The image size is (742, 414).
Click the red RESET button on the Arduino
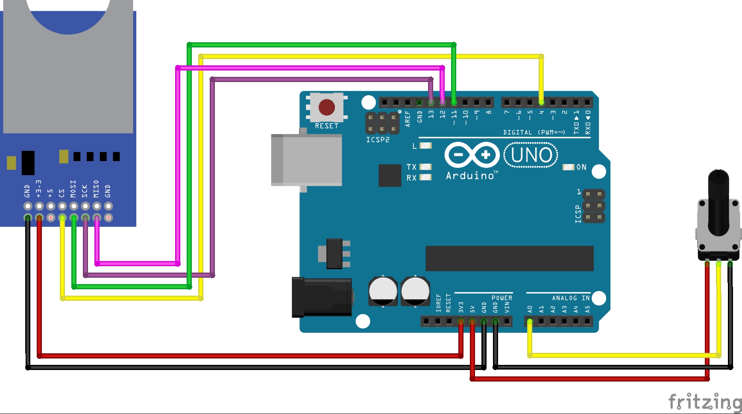coord(327,108)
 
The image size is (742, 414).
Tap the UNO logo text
coord(531,155)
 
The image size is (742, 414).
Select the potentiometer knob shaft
coord(719,201)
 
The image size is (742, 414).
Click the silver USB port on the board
coord(307,160)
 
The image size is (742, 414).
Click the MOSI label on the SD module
coord(73,189)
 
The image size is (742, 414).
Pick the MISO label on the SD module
coord(96,189)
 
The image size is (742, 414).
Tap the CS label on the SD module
coord(62,193)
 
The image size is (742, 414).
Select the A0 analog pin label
coord(530,308)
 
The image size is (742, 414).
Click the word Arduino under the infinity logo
coord(470,176)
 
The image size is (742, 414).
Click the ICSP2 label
coord(378,140)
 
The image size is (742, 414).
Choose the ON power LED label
coord(581,167)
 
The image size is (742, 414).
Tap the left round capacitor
coord(383,291)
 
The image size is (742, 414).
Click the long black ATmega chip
coord(510,258)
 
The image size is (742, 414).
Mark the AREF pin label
coord(408,119)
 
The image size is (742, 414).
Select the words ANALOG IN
coord(571,298)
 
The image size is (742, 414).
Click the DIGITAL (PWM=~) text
coord(534,132)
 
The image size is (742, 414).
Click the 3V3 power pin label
coord(461,307)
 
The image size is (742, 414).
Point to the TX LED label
coord(411,167)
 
